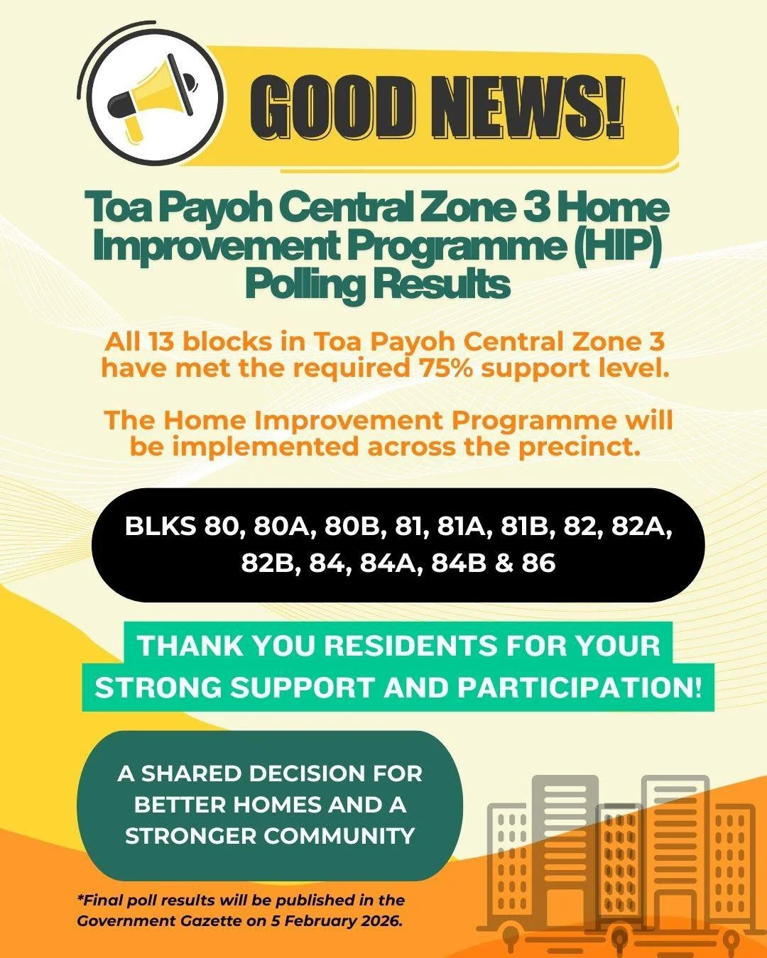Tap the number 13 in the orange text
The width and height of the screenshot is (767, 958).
(161, 342)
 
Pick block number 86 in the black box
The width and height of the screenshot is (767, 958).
(538, 563)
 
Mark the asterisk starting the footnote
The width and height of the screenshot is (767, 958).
(80, 898)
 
